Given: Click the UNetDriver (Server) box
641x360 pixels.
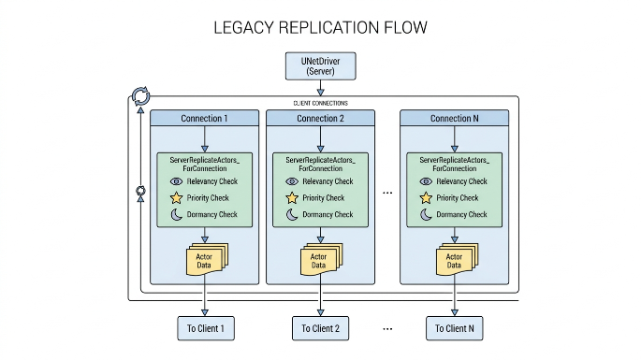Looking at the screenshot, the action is [x=320, y=65].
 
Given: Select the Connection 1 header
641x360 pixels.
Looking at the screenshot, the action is [x=204, y=118].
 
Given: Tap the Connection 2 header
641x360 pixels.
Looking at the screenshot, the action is [x=320, y=118].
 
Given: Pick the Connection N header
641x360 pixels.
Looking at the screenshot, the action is [x=454, y=118].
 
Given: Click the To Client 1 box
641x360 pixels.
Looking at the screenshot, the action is [x=206, y=328].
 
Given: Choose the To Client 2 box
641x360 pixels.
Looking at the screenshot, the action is [x=320, y=328].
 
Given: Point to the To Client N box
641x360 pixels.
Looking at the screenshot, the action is [x=454, y=328].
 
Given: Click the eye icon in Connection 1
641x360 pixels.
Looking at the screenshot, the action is [x=176, y=181].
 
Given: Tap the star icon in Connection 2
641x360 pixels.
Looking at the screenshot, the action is [x=292, y=198].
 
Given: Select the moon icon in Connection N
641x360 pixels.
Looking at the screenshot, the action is [x=426, y=214].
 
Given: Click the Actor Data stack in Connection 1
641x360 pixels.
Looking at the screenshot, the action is [x=207, y=259].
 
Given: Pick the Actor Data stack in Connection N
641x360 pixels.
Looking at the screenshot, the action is [x=457, y=259].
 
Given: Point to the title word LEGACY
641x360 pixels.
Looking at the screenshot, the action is [x=243, y=28].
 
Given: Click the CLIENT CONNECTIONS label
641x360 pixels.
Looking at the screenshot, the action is [x=320, y=103].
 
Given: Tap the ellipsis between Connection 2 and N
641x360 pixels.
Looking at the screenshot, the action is [x=387, y=193].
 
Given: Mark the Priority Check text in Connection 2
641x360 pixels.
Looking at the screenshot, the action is [x=324, y=198].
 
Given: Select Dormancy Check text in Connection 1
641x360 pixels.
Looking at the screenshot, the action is [x=211, y=214].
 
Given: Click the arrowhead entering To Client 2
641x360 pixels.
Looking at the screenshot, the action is [x=320, y=312].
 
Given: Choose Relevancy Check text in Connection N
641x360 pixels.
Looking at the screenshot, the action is [x=461, y=181].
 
